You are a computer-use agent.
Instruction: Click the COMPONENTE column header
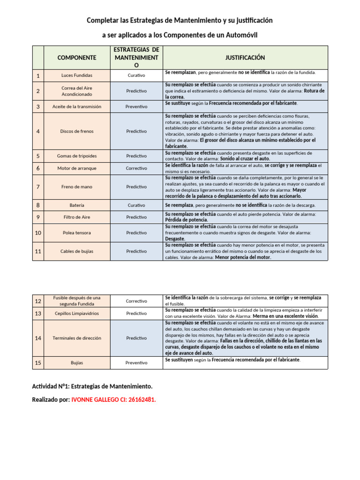76,58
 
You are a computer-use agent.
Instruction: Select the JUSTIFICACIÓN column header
245,58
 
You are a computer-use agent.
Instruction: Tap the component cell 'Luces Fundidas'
76,75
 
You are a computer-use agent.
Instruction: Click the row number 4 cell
38,131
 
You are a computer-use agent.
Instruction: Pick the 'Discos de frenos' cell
76,131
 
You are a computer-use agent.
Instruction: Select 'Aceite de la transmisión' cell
76,106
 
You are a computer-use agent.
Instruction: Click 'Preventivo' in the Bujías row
136,362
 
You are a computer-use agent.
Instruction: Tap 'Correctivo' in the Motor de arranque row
136,168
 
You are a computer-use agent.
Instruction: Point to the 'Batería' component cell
76,205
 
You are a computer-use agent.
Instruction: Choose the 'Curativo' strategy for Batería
136,205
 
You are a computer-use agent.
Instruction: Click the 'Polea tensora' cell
76,232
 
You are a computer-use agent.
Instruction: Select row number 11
38,251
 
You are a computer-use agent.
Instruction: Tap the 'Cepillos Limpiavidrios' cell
76,313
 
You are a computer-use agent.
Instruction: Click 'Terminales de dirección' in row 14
76,338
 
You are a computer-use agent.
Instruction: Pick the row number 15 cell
38,362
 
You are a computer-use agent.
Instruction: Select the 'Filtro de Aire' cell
76,217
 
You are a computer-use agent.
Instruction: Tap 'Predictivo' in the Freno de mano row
136,187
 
